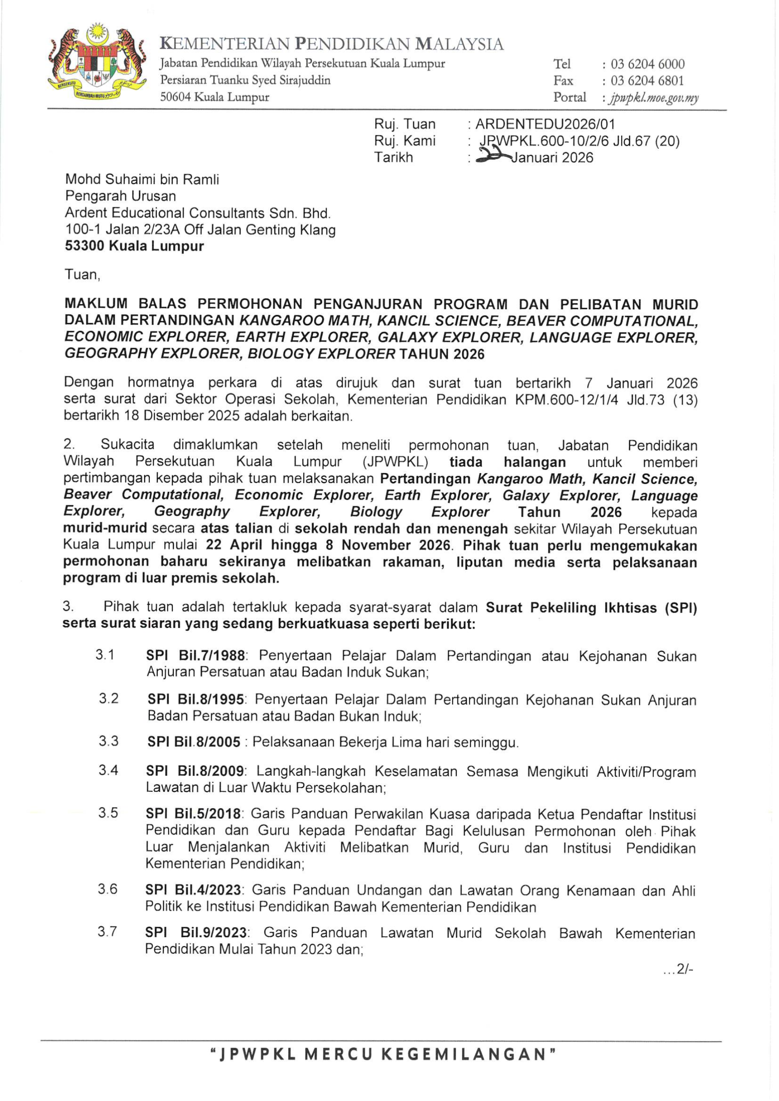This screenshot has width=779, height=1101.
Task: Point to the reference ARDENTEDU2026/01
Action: point(545,124)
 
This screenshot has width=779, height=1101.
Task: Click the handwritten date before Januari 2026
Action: point(493,156)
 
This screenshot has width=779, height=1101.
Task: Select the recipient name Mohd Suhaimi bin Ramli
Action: point(142,179)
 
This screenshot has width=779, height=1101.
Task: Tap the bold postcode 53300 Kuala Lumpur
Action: point(134,246)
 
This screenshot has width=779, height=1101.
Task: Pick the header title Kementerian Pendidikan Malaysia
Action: point(332,45)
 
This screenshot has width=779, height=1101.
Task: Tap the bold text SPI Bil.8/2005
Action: point(194,742)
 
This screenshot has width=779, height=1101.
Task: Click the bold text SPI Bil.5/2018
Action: point(193,814)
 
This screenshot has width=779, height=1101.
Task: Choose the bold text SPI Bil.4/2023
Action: point(193,890)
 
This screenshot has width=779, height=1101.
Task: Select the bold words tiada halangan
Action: point(508,462)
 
